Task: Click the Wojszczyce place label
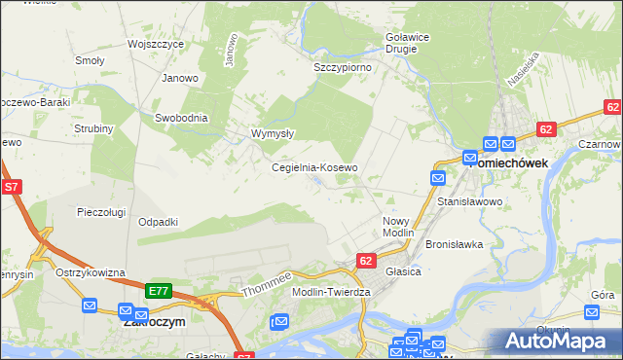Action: point(156,45)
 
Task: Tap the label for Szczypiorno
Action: point(344,67)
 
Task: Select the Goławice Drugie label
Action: point(402,42)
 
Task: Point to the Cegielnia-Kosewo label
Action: point(313,167)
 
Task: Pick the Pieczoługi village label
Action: point(102,211)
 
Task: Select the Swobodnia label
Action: point(181,118)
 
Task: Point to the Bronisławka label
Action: point(455,244)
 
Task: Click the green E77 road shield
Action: point(159,291)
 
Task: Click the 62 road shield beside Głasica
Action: point(366,261)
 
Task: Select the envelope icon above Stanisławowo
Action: point(438,178)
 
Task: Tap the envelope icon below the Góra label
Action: point(593,312)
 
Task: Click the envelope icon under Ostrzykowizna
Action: point(90,306)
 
